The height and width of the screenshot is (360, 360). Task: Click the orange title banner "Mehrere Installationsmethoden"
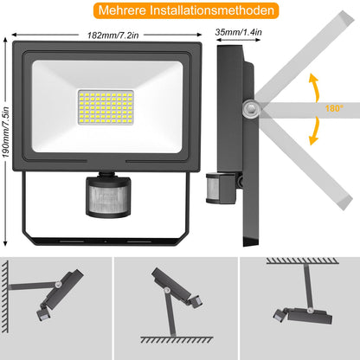coord(186,10)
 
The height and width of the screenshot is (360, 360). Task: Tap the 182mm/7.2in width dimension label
coord(113,35)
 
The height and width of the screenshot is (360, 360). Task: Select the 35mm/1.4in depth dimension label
coord(238,32)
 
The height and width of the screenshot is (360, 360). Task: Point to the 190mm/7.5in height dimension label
coord(6,132)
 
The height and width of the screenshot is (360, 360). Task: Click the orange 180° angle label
coord(334,108)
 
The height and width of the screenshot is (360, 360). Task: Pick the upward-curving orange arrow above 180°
coord(315,87)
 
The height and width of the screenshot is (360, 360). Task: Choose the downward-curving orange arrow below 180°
coord(315,131)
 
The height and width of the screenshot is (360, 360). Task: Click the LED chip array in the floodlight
coord(106,107)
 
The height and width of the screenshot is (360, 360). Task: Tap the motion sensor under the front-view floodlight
coord(108,196)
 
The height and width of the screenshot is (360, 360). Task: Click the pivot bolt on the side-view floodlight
coord(251,109)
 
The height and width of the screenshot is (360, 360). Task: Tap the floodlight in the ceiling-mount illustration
coord(303,316)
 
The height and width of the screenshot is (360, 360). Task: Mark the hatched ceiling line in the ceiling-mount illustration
coord(302,261)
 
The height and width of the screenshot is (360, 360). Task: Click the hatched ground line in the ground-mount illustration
coord(177,340)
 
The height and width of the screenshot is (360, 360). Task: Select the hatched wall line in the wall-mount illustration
coord(5,297)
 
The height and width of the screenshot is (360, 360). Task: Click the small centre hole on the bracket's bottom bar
coord(106,241)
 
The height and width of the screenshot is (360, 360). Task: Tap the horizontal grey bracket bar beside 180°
coord(310,110)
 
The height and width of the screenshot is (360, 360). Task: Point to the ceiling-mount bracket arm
coord(307,287)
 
